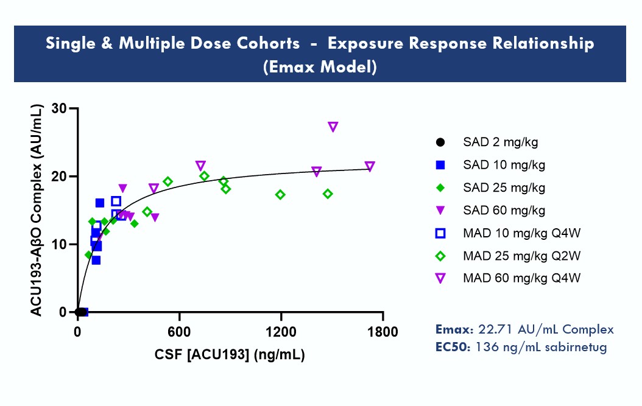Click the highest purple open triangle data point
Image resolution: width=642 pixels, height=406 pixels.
pyautogui.click(x=333, y=127)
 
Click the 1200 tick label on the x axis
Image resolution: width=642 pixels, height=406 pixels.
pyautogui.click(x=281, y=332)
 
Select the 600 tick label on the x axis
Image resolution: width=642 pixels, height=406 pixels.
pyautogui.click(x=179, y=332)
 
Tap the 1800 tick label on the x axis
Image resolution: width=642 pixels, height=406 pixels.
pyautogui.click(x=383, y=332)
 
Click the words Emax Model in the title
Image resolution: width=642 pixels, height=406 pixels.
pyautogui.click(x=320, y=67)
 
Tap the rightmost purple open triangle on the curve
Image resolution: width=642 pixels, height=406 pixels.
pyautogui.click(x=370, y=167)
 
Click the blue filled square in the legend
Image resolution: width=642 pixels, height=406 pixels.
pyautogui.click(x=440, y=165)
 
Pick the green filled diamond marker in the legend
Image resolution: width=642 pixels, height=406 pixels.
pyautogui.click(x=440, y=187)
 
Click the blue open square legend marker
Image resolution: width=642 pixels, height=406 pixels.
pyautogui.click(x=440, y=233)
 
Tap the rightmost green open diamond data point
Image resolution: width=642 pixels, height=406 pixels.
pyautogui.click(x=328, y=194)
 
